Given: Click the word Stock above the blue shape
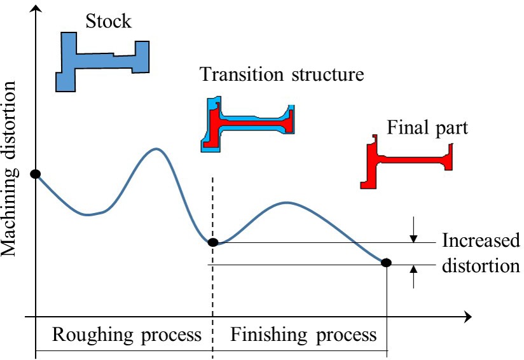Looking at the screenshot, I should pyautogui.click(x=109, y=21).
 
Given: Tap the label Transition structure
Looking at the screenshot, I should pyautogui.click(x=282, y=74).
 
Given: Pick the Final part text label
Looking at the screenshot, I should pyautogui.click(x=427, y=128).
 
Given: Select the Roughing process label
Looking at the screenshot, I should pyautogui.click(x=126, y=334).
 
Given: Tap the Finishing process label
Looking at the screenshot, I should pyautogui.click(x=303, y=334).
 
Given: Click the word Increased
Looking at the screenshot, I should pyautogui.click(x=481, y=242).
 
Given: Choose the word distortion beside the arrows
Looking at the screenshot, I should pyautogui.click(x=481, y=265).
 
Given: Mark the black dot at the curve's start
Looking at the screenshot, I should pyautogui.click(x=36, y=174).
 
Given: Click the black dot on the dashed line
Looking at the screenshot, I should pyautogui.click(x=213, y=242).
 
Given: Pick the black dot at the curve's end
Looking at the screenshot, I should pyautogui.click(x=386, y=262).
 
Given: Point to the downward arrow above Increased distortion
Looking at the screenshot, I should pyautogui.click(x=413, y=232).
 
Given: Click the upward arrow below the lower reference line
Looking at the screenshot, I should pyautogui.click(x=413, y=275).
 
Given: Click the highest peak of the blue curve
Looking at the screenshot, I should pyautogui.click(x=156, y=149).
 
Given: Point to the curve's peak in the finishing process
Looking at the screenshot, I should pyautogui.click(x=287, y=203).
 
